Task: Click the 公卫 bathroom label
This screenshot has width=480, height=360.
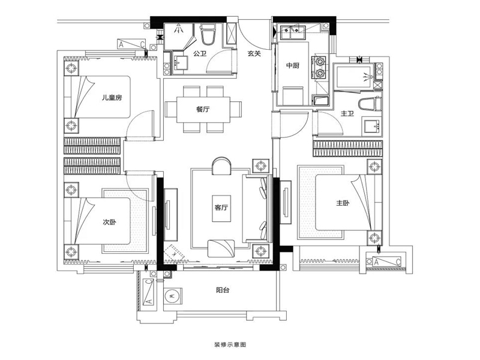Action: coord(200,53)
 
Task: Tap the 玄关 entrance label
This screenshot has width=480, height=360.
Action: coord(254,53)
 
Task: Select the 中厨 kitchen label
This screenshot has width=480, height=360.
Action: coord(293,65)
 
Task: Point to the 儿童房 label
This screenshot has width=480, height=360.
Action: coord(112,98)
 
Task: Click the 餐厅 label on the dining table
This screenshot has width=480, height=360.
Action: coord(203,109)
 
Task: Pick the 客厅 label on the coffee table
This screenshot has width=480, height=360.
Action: coord(221,208)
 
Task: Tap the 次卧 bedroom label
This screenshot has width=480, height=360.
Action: coord(109,222)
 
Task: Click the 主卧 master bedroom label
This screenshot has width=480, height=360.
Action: coord(343,203)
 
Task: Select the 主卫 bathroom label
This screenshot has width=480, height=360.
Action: coord(347,113)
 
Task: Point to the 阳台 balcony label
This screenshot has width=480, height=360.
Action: coord(223,290)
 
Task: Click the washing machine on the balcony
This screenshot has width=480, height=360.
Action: coord(172,296)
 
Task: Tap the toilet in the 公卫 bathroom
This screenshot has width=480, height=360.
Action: coord(208,34)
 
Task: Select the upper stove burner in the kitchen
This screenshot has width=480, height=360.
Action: coord(320,62)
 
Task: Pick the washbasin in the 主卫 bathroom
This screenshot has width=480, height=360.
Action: coord(372,127)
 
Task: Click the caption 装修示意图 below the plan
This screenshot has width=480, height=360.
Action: coord(230,344)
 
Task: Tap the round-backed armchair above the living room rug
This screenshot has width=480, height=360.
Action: coord(221,166)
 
